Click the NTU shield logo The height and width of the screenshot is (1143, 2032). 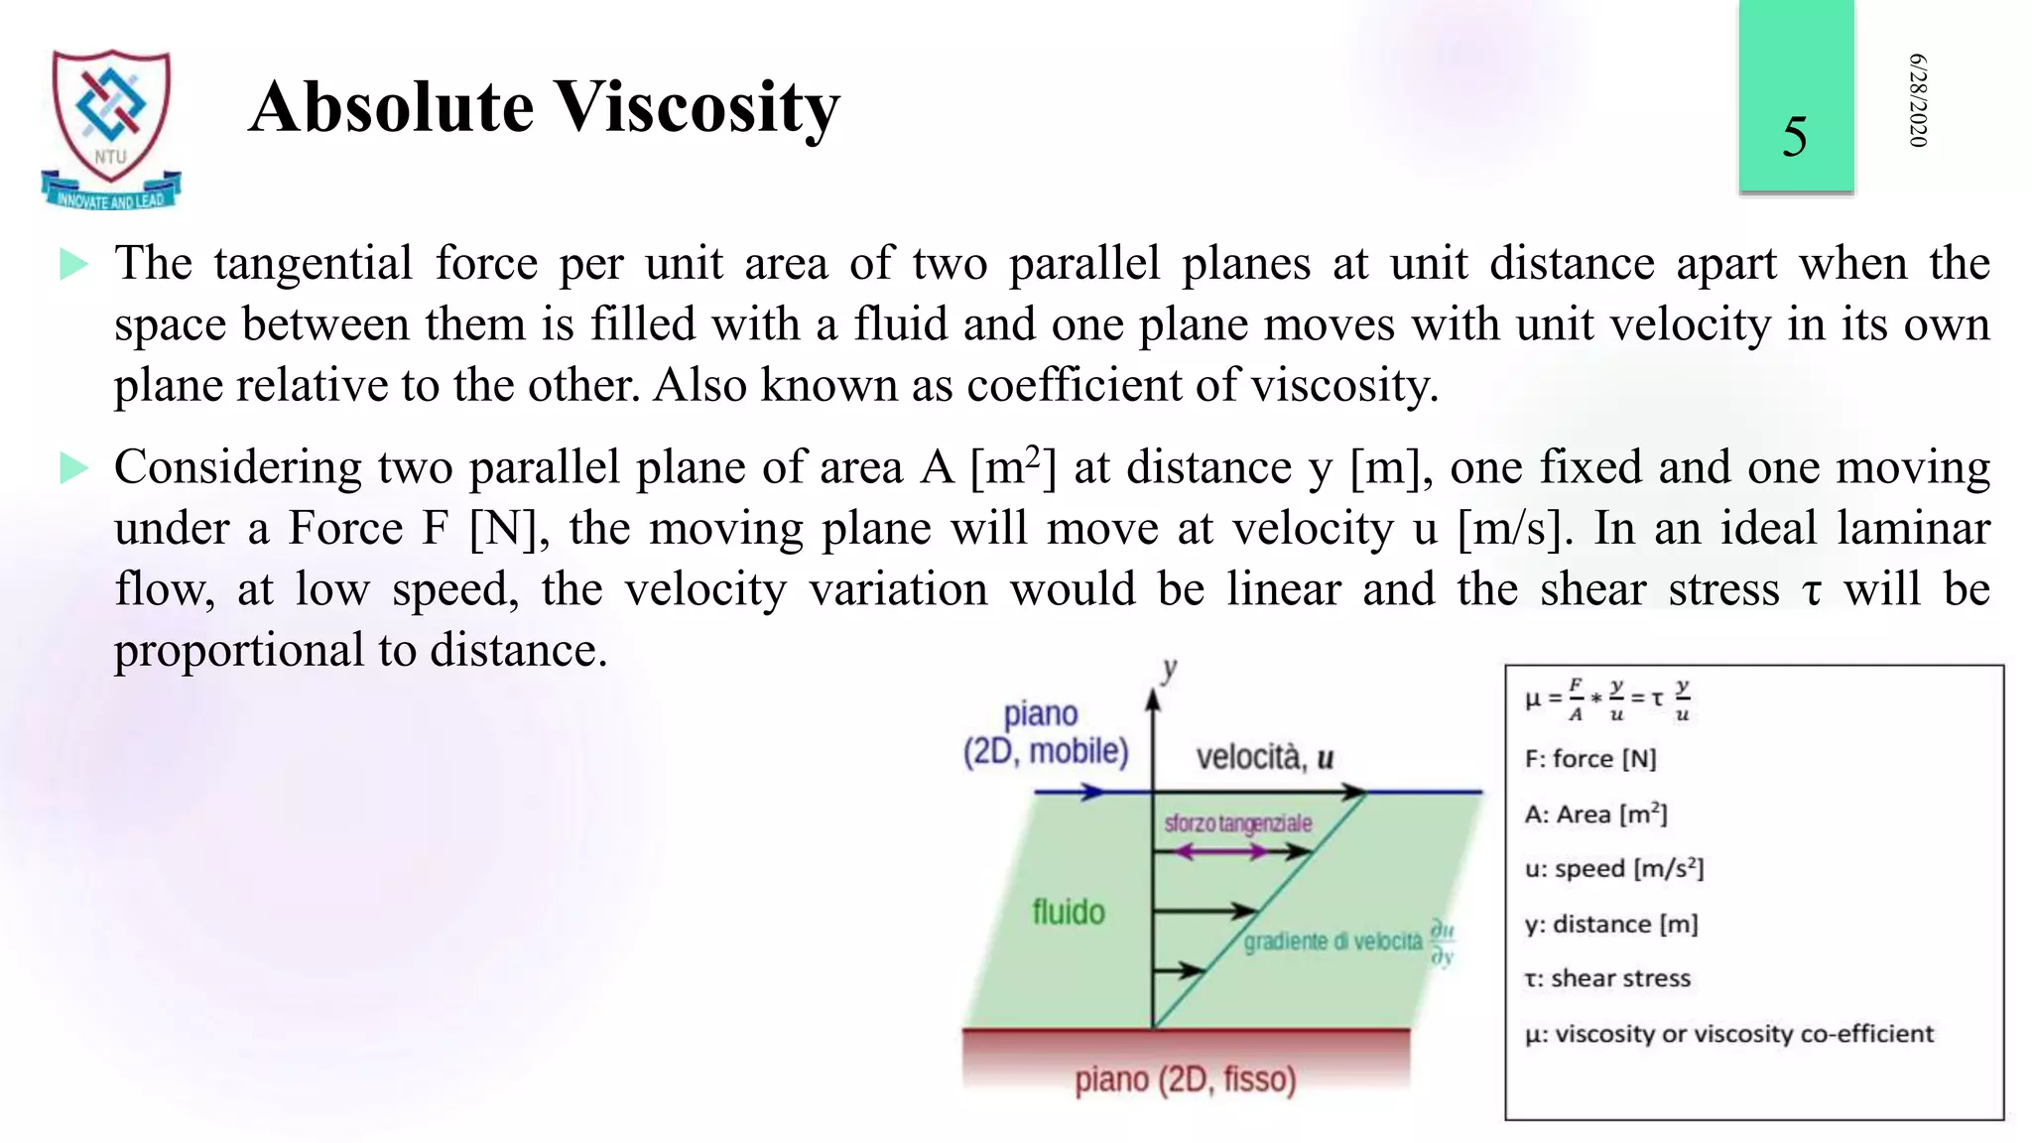[x=111, y=126]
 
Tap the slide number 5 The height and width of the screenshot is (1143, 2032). [x=1794, y=137]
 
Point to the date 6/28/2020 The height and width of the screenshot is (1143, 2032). [x=1917, y=100]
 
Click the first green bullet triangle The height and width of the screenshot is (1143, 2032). [x=73, y=264]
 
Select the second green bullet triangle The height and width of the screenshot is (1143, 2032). [x=73, y=467]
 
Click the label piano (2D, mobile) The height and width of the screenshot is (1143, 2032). [x=1045, y=733]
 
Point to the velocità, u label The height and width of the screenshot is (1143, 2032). [x=1264, y=758]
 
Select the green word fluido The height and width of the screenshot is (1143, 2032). [x=1068, y=912]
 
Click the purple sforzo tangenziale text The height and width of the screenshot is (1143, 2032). [x=1237, y=824]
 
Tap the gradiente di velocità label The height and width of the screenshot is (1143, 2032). [x=1333, y=942]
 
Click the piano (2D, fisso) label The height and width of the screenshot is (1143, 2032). [x=1185, y=1079]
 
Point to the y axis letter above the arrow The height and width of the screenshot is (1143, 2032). [x=1170, y=669]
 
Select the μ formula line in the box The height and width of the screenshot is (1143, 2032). [x=1607, y=699]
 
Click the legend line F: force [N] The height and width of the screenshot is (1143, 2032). [x=1590, y=759]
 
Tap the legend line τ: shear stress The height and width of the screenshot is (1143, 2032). [x=1607, y=978]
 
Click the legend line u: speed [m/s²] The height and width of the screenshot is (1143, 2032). [x=1613, y=869]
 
